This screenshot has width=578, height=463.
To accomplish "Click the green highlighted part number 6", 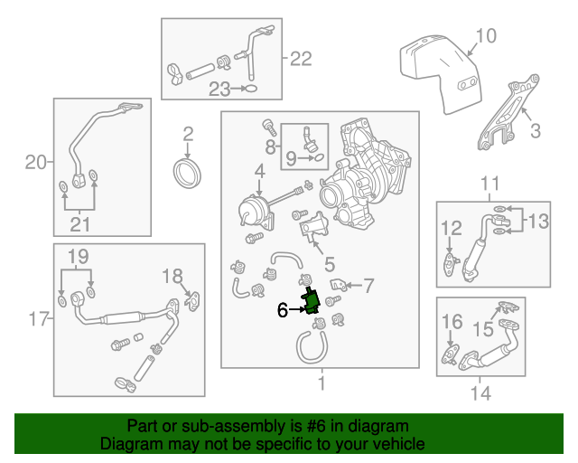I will click(312, 300).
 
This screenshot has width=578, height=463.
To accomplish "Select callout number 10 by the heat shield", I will click(485, 36).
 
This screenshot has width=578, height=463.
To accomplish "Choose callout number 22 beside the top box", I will click(300, 59).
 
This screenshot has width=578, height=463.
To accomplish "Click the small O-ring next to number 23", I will click(252, 89).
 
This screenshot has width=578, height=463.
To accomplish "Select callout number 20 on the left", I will click(35, 163).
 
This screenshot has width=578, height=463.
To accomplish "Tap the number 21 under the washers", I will click(79, 223).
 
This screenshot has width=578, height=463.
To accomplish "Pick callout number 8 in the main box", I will click(270, 146).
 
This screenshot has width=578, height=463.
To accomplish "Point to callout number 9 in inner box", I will click(291, 159).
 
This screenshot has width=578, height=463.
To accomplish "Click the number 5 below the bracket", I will click(330, 264).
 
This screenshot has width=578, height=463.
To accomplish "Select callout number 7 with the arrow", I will click(368, 286).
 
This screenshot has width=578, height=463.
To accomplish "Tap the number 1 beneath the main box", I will click(320, 383).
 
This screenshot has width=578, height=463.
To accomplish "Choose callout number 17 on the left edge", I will click(35, 318).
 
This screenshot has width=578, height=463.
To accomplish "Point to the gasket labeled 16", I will click(448, 354).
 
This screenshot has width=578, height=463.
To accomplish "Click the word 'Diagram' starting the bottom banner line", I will click(127, 444).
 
